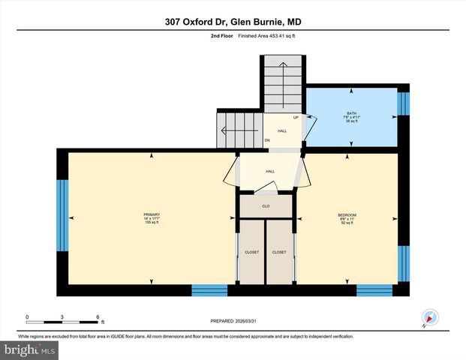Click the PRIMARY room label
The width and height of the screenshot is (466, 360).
point(152,215)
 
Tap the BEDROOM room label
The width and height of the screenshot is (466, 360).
point(347,215)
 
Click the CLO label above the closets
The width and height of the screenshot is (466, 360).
point(266,205)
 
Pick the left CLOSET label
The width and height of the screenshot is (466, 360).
point(252,252)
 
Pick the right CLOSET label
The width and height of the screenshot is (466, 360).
point(279,252)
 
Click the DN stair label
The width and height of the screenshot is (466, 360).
point(266,140)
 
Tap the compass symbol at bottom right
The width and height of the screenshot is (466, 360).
point(429,317)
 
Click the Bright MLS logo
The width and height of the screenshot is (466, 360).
point(30,349)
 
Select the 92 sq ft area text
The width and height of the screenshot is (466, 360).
point(347,223)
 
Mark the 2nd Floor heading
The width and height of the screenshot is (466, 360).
point(221,36)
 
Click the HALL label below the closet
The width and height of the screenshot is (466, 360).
point(270,171)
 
